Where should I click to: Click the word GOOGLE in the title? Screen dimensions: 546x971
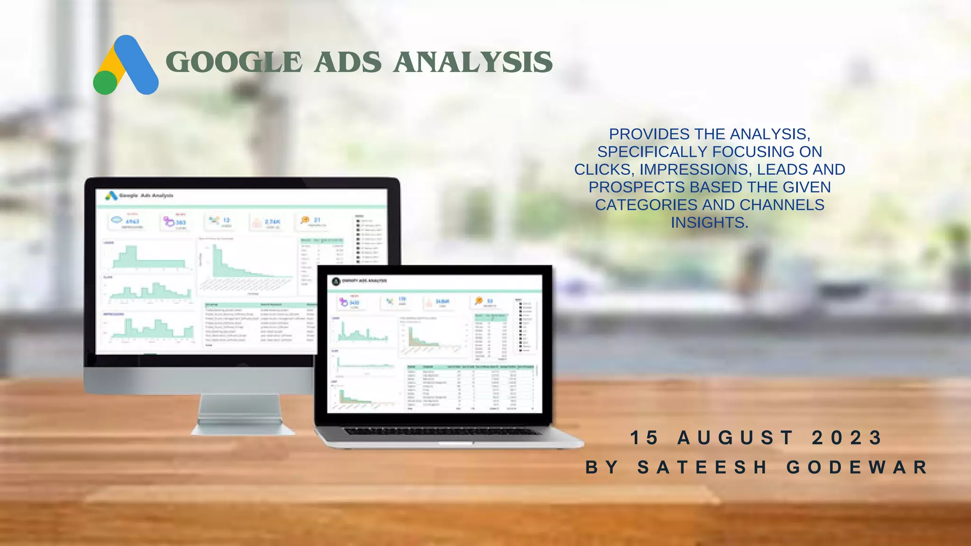point(234,63)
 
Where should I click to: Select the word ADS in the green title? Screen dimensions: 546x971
point(348,63)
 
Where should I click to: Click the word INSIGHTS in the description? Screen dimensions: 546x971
point(709,222)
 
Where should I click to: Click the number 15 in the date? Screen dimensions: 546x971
point(645,437)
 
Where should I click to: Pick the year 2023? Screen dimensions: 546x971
point(847,437)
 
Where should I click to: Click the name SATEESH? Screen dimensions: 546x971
point(702,467)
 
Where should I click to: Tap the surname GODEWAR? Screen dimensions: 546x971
point(857,467)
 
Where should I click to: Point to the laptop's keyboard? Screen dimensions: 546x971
point(441,431)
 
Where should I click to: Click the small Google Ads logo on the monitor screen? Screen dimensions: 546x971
point(111,195)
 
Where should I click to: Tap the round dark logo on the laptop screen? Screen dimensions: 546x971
point(336,281)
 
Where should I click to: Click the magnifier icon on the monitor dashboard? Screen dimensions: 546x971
point(305,220)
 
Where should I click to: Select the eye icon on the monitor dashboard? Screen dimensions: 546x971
point(117,220)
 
